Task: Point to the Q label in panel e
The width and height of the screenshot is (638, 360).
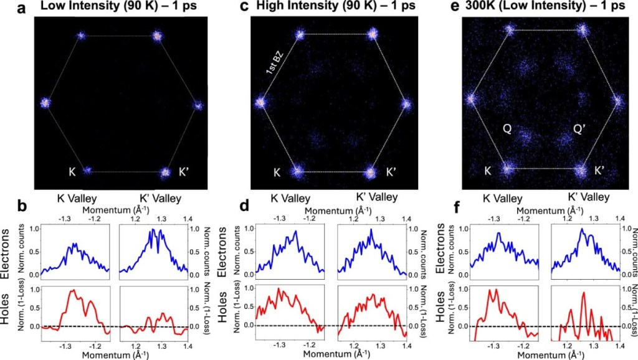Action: pos(507,130)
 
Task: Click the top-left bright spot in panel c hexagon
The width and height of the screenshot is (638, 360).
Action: pos(300,34)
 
